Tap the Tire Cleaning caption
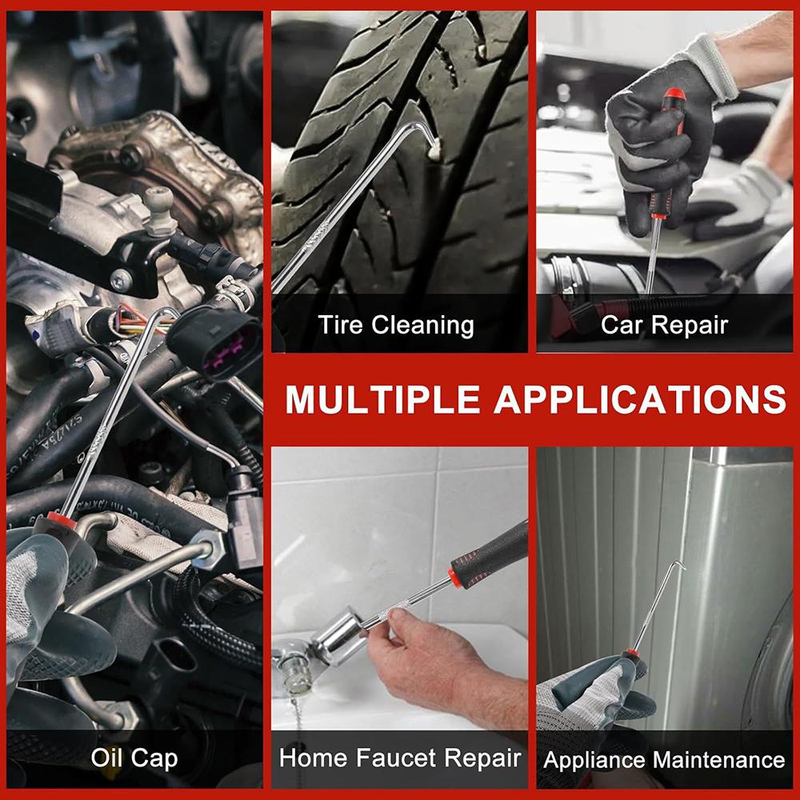396,326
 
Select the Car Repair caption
664,326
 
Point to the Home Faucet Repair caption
400,758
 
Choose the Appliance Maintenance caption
664,759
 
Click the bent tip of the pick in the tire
434,144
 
